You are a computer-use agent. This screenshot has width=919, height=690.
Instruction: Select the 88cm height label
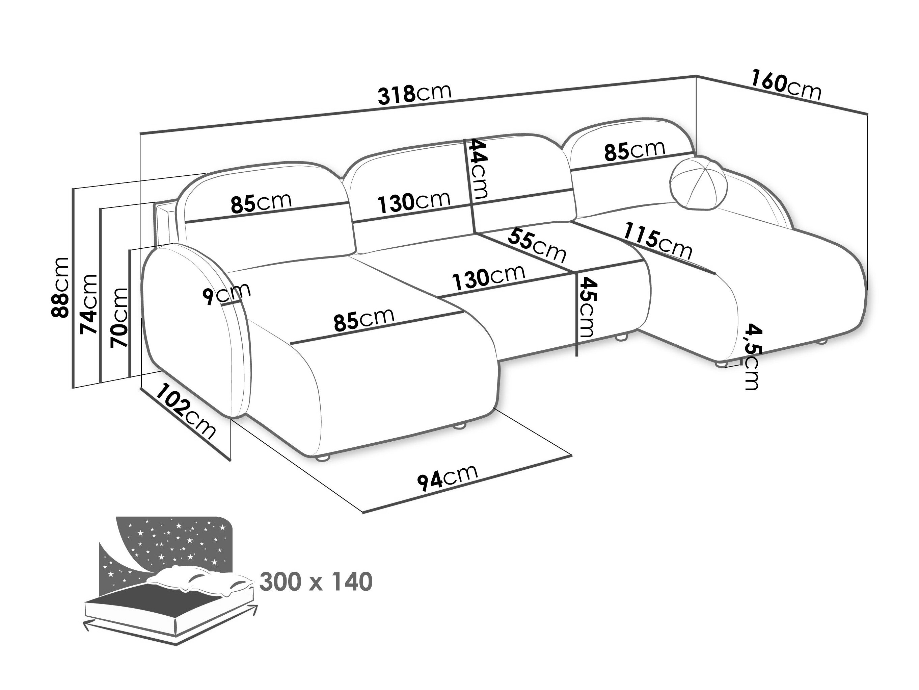coord(60,287)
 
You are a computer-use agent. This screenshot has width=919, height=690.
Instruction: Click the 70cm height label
coord(118,317)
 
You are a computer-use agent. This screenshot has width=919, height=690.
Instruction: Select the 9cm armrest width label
coord(226,294)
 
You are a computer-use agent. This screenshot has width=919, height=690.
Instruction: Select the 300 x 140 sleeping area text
coord(316,582)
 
